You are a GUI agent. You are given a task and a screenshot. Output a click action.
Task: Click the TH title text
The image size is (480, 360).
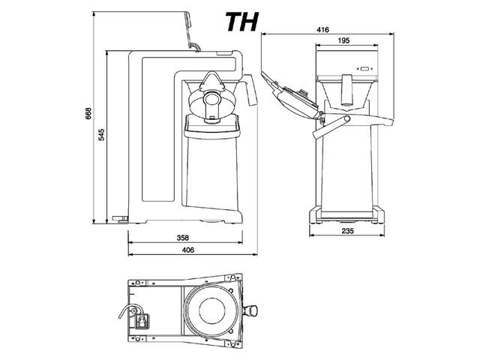tap(242, 22)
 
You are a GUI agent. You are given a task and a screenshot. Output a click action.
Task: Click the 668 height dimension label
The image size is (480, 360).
tap(88, 113)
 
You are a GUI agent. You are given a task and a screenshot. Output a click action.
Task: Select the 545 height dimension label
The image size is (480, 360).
tap(101, 135)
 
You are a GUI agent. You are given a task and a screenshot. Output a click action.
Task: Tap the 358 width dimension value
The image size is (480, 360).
tap(183, 238)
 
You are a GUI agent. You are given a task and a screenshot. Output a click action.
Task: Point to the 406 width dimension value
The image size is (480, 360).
tap(188, 250)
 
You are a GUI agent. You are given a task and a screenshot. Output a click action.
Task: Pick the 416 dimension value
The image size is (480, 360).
tap(322, 29)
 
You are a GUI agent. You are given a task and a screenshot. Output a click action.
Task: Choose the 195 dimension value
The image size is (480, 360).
tap(343, 40)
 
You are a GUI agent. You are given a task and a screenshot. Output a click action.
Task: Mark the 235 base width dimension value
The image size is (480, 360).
tap(347, 230)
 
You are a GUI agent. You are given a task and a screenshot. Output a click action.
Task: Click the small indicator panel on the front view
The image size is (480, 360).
tap(364, 69)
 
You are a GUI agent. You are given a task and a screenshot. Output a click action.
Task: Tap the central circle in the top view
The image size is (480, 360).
tap(211, 310)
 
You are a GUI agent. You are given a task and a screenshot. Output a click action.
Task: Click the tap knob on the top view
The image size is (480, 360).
tap(251, 311)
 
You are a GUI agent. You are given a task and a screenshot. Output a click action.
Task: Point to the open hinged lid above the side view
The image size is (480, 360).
tap(190, 31)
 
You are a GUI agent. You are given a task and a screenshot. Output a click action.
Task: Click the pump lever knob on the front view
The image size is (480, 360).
tap(347, 118)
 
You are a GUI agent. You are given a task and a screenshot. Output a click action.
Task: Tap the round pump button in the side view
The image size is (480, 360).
tap(211, 99)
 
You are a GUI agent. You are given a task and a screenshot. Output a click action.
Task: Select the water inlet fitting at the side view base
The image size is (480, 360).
tap(120, 218)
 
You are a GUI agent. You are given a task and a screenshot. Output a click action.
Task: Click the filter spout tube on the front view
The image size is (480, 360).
tap(346, 90)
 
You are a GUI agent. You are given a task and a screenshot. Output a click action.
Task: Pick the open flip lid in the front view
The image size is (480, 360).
tap(290, 94)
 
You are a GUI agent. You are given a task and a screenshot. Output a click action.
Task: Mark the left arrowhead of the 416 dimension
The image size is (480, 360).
tap(263, 34)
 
